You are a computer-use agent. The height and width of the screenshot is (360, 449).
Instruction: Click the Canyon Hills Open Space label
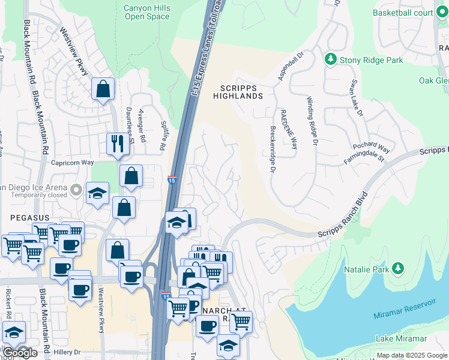[146, 13]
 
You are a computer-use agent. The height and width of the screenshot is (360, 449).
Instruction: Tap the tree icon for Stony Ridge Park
[330, 59]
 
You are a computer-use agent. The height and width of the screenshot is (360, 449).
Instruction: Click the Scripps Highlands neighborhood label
[238, 92]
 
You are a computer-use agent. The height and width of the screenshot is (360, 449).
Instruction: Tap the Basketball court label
[402, 12]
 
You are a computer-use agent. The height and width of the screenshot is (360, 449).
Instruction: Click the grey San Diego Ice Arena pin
[75, 190]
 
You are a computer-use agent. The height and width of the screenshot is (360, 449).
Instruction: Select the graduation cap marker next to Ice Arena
[97, 193]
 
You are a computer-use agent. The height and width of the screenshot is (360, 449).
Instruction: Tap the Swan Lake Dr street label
[357, 97]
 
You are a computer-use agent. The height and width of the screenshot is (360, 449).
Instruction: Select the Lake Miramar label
[401, 339]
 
